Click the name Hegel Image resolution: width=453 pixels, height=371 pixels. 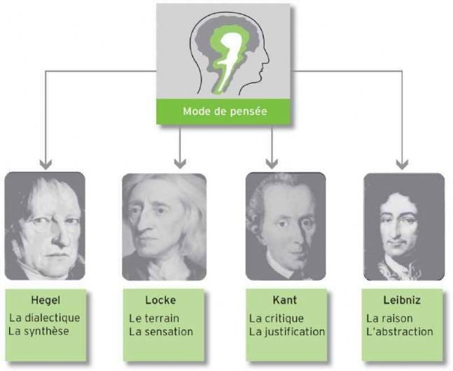(46, 300)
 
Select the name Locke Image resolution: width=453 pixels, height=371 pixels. (160, 300)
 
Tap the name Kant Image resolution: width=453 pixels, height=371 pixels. (284, 300)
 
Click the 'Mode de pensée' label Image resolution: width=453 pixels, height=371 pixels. (225, 111)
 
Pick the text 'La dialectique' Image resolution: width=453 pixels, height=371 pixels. (45, 318)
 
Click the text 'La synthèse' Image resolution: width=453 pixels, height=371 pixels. (39, 331)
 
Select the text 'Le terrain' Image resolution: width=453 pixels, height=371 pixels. (154, 318)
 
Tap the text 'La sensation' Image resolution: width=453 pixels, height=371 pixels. (161, 332)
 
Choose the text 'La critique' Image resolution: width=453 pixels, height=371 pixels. (276, 318)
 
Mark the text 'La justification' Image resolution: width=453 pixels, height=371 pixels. (287, 332)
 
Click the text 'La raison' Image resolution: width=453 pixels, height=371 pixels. (389, 318)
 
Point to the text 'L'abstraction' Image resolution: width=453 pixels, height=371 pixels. (400, 332)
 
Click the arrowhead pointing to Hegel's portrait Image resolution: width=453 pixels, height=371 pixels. (46, 164)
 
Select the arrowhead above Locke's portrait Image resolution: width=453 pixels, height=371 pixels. (180, 164)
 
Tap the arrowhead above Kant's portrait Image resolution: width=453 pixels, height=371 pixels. (272, 164)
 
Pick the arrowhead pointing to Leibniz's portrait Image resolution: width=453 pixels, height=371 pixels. (402, 164)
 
